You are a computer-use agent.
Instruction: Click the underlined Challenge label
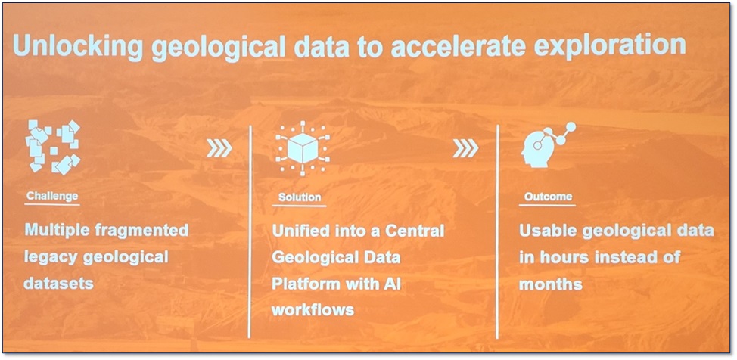[x=52, y=196]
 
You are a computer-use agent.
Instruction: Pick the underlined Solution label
[x=299, y=197]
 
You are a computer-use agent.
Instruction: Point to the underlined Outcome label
[x=548, y=197]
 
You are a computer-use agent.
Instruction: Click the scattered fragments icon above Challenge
[x=53, y=145]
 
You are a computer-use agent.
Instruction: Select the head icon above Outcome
[x=545, y=146]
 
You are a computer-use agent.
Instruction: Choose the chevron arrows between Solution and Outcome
[x=465, y=149]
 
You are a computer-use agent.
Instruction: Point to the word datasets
[x=60, y=283]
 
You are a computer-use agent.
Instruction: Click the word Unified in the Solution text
[x=302, y=230]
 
